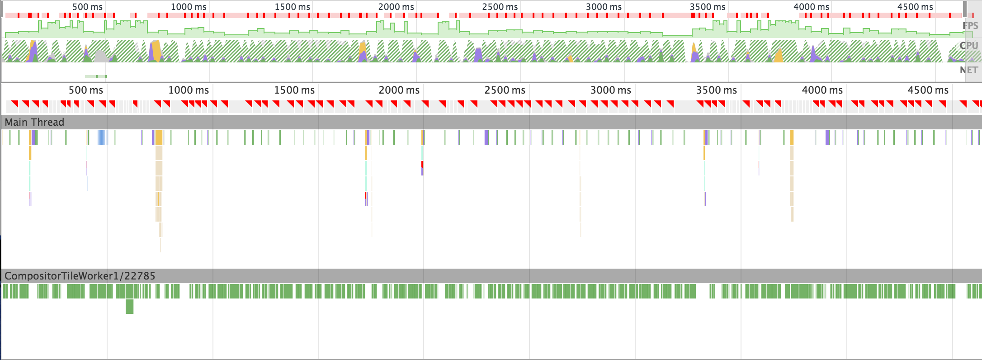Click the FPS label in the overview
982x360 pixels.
[x=970, y=26]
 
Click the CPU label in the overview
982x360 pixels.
[x=969, y=46]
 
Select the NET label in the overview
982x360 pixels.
[x=969, y=70]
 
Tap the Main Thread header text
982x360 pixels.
[x=34, y=122]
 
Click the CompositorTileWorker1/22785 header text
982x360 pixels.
[x=80, y=276]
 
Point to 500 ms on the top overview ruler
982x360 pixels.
[x=87, y=7]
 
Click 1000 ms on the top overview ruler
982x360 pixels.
[x=189, y=7]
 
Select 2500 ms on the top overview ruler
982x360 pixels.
[x=500, y=7]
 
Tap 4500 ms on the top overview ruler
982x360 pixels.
[x=915, y=7]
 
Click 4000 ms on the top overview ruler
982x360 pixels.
[x=811, y=7]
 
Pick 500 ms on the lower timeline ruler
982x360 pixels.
[x=86, y=90]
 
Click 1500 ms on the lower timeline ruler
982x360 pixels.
[x=294, y=90]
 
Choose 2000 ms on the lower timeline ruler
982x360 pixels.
[x=399, y=90]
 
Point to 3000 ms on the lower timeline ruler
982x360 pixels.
[x=611, y=90]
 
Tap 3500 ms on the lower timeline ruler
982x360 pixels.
[x=717, y=90]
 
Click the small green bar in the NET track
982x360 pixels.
[x=96, y=76]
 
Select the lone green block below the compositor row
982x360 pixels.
[x=129, y=306]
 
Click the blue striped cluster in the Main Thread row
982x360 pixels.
[x=103, y=137]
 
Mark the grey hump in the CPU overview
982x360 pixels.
[x=100, y=57]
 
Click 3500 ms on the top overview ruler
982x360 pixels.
[x=708, y=7]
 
